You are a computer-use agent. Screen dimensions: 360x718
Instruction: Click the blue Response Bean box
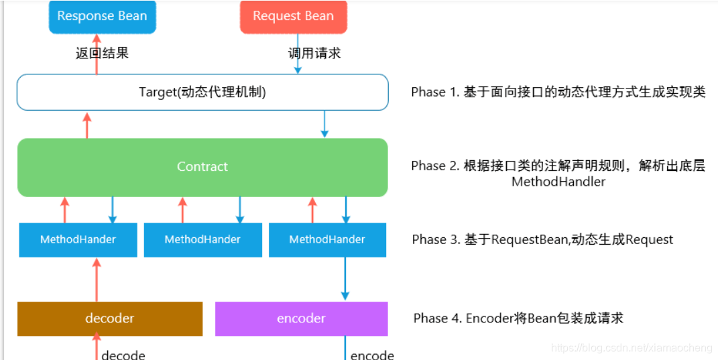[x=102, y=16]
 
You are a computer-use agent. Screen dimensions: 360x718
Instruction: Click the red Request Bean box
[x=293, y=16]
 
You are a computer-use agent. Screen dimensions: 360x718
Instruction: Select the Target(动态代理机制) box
[x=202, y=92]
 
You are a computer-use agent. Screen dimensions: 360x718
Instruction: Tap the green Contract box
[x=202, y=167]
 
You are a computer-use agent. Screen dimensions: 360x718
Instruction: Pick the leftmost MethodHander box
[x=78, y=239]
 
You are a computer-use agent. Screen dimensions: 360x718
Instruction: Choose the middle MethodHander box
[x=202, y=239]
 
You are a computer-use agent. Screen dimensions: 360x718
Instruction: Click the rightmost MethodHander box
[x=327, y=239]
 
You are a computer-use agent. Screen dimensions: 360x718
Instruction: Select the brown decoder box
[x=110, y=318]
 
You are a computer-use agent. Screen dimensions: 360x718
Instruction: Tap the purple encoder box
[x=301, y=318]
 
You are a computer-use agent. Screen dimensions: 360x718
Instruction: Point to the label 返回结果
[x=102, y=53]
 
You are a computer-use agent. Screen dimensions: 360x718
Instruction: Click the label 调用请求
[x=314, y=53]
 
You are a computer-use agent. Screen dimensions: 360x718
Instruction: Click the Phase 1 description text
[x=558, y=92]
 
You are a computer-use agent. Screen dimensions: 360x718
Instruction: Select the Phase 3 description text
[x=542, y=239]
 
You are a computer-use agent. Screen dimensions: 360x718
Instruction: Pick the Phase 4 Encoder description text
[x=518, y=318]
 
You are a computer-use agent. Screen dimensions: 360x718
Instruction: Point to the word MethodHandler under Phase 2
[x=558, y=182]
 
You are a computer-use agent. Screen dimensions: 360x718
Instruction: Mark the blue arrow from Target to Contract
[x=324, y=124]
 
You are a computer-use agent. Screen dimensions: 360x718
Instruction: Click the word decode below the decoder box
[x=123, y=355]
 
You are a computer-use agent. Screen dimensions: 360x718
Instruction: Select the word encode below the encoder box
[x=372, y=355]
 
